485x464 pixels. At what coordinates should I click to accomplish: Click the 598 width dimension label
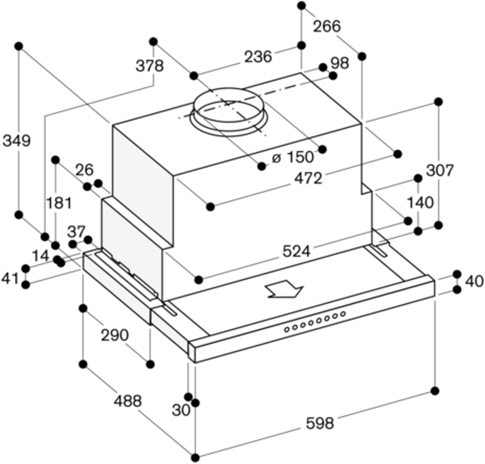click(319, 423)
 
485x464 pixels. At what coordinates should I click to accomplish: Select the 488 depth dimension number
click(127, 401)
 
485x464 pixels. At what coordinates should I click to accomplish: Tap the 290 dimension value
click(115, 335)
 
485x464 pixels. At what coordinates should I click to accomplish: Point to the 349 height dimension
click(16, 141)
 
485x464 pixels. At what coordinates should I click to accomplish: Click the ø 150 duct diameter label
click(293, 157)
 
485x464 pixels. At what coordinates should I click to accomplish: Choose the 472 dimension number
click(308, 178)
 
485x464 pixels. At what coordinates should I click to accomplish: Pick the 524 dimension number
click(296, 251)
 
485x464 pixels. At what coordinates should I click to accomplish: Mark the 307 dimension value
click(440, 170)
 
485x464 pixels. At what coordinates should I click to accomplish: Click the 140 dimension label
click(420, 203)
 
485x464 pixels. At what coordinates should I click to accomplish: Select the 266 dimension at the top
click(327, 26)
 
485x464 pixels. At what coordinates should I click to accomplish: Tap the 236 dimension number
click(258, 57)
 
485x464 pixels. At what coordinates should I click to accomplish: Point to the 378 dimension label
click(149, 66)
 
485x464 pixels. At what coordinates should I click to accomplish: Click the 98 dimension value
click(339, 63)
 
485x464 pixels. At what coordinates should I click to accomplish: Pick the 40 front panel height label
click(474, 281)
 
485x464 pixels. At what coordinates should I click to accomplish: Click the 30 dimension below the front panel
click(181, 410)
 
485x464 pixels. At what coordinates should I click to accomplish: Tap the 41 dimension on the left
click(10, 279)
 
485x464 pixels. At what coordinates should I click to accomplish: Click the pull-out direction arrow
click(284, 291)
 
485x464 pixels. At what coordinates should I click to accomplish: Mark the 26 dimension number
click(84, 170)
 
